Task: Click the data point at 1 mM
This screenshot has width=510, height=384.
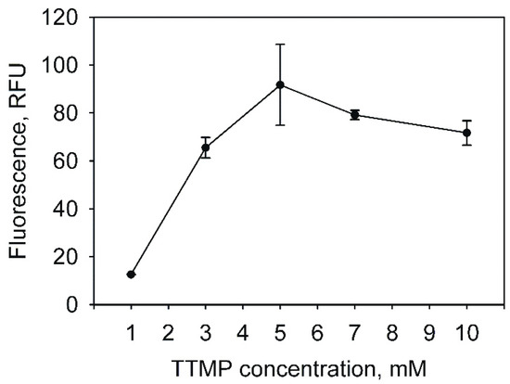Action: click(x=131, y=275)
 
